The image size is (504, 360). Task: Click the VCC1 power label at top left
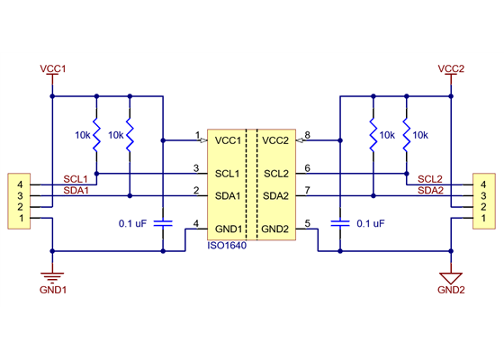(x=54, y=68)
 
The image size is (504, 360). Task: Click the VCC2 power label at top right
(x=450, y=68)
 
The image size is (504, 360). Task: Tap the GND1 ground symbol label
(x=54, y=291)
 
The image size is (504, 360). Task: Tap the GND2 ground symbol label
(x=450, y=291)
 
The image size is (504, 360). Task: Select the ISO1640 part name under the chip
(x=228, y=245)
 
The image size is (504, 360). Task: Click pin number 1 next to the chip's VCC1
(x=196, y=136)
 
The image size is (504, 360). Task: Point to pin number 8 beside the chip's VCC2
(x=307, y=136)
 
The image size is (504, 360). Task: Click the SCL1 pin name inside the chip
(x=227, y=173)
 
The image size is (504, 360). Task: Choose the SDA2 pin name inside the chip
(x=276, y=195)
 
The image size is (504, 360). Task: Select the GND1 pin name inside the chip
(x=227, y=229)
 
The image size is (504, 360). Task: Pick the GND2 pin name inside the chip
(x=276, y=229)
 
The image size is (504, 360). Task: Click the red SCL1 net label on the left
(x=76, y=180)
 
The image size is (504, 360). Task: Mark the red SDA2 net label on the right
(x=430, y=191)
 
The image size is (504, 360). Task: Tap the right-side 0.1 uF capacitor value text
(x=371, y=222)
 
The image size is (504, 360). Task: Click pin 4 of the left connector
(x=19, y=184)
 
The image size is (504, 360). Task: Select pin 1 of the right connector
(x=484, y=218)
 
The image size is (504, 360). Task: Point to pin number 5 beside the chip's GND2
(x=307, y=224)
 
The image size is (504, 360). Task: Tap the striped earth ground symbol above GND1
(x=54, y=274)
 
